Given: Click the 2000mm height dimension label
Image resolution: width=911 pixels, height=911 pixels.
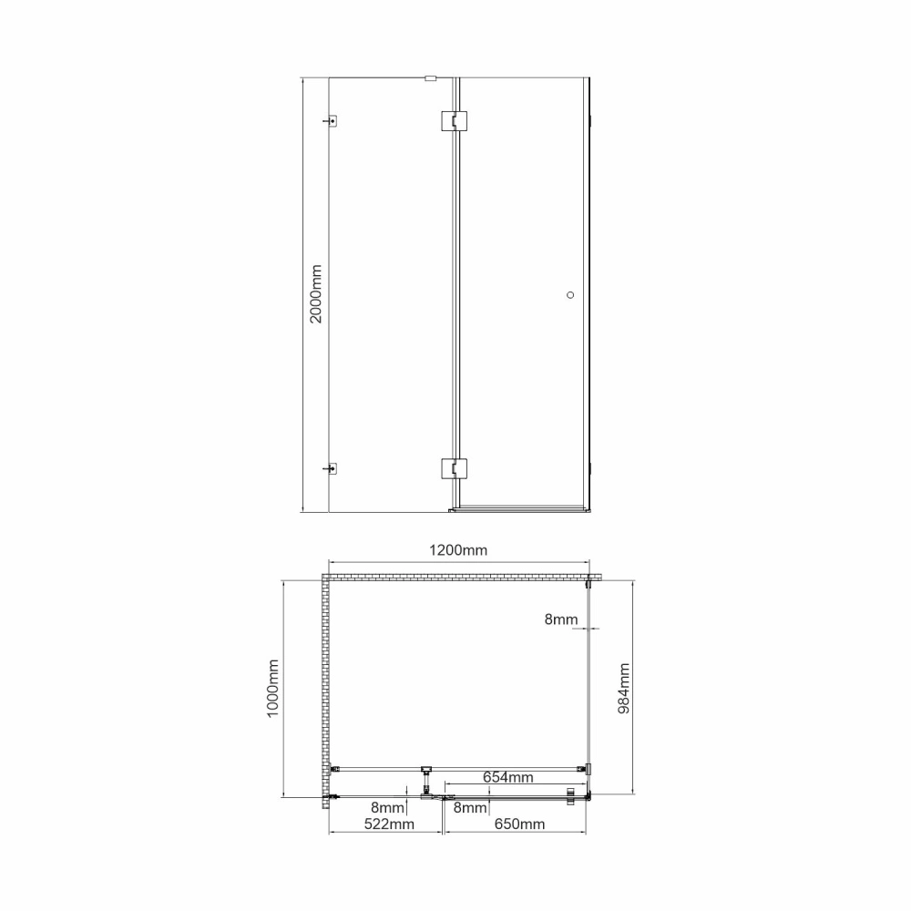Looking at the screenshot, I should coord(315,294).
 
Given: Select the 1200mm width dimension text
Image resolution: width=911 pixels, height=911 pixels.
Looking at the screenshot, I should coord(457,550).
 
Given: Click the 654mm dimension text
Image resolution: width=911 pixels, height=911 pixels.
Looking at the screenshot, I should coord(507,777).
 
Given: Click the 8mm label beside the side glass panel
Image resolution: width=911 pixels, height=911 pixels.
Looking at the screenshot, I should coord(561,619).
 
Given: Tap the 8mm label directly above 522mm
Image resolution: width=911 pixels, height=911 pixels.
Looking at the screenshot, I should coord(387,808).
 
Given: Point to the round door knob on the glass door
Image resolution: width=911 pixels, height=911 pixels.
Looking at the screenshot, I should coord(571,294).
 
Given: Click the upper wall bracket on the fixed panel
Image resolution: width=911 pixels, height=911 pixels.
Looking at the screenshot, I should coord(333,120).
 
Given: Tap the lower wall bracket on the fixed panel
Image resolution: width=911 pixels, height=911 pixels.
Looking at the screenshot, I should coord(333,469).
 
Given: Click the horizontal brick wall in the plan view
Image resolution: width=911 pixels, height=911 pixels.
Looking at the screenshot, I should coord(455,578).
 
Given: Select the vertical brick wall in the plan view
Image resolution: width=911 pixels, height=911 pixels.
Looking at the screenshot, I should coord(325,683).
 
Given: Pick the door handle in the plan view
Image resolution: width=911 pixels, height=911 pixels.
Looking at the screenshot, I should coord(571,795).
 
